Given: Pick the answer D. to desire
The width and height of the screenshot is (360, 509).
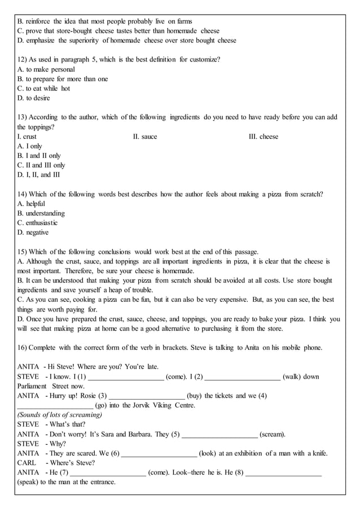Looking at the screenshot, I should click(x=34, y=98).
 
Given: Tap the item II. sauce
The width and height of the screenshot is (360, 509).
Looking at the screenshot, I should click(x=145, y=137).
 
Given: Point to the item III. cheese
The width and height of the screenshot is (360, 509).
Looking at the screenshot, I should click(x=264, y=137).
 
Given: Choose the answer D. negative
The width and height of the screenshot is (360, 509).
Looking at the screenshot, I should click(x=33, y=232).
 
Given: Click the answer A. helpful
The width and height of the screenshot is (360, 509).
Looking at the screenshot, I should click(x=32, y=204).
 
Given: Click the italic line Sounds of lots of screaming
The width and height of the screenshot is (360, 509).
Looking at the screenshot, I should click(x=60, y=415).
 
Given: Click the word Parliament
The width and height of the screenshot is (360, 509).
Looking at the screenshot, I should click(x=33, y=386).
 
